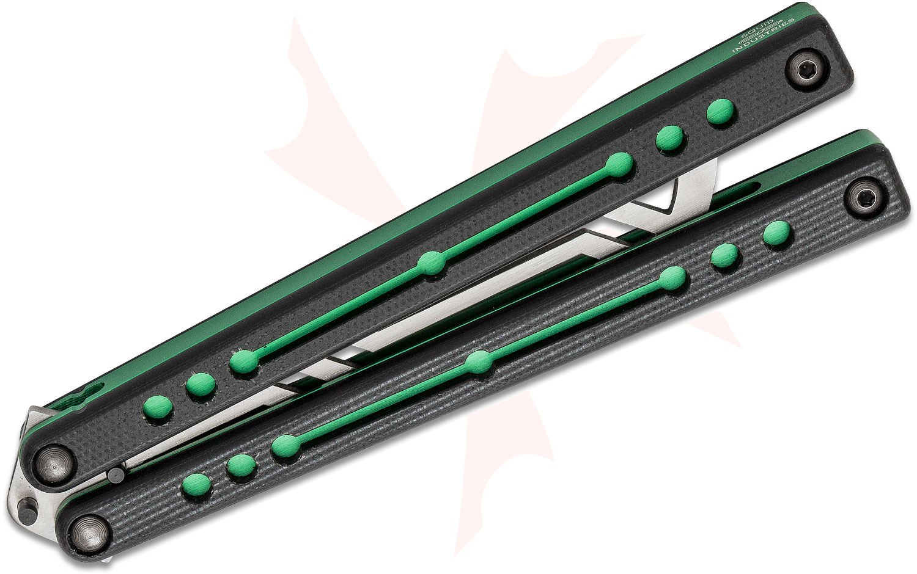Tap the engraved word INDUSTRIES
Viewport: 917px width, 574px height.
(x=764, y=36)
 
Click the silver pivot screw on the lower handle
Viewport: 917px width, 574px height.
(x=90, y=533)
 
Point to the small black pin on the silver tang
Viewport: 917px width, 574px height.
(x=27, y=511)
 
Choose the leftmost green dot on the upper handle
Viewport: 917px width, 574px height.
(x=158, y=409)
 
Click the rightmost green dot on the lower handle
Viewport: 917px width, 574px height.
(x=777, y=234)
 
